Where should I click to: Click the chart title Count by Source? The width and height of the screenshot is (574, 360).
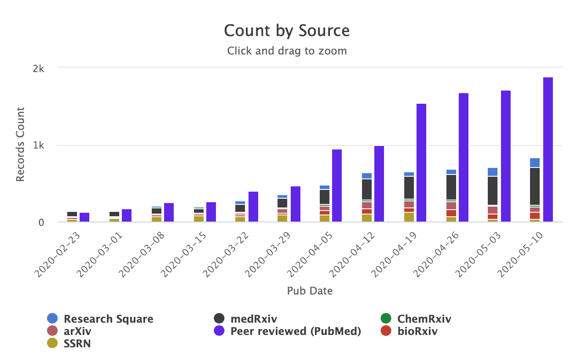(287, 31)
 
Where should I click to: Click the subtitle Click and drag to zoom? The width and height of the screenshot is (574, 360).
(287, 51)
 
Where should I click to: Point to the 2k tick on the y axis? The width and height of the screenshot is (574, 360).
(39, 69)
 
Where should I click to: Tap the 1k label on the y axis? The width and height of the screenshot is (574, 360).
(39, 145)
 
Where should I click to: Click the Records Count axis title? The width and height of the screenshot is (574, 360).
(20, 145)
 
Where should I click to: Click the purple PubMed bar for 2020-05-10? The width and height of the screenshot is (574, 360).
(548, 149)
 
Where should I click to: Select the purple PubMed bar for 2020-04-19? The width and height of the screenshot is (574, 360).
(421, 163)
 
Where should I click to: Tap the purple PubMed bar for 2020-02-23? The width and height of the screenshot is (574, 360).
(84, 217)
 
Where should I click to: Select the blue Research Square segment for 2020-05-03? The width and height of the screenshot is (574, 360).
(493, 172)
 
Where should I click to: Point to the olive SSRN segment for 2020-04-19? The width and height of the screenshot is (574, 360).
(409, 217)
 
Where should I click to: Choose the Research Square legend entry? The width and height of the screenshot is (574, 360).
(108, 319)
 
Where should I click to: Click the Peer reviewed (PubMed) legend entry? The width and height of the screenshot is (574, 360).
(296, 331)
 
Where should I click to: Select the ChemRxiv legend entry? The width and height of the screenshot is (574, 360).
(424, 319)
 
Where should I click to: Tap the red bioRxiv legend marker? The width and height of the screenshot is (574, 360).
(385, 331)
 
